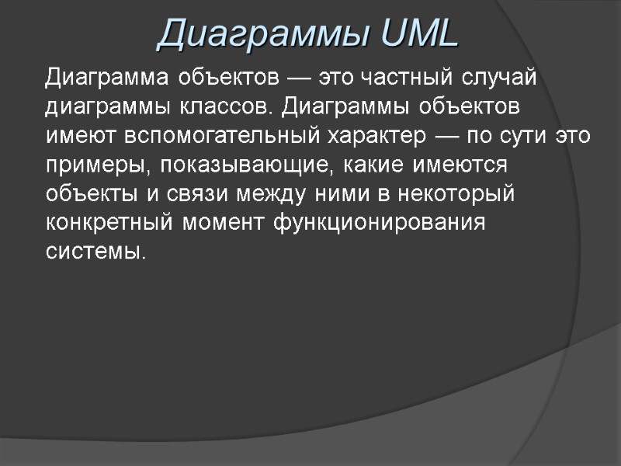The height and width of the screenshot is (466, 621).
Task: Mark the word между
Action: coord(273,194)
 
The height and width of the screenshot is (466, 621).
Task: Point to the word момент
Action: coord(226,223)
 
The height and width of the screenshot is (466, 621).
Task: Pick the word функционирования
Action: coord(380,223)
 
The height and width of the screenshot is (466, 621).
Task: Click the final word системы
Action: coord(95,252)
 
